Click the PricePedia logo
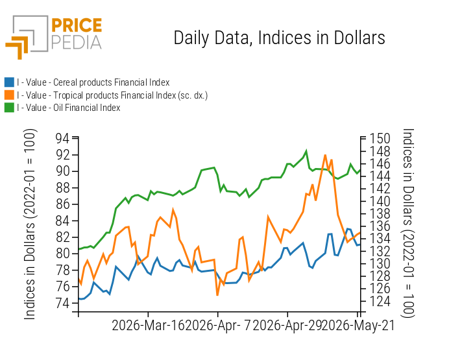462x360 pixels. pos(54,37)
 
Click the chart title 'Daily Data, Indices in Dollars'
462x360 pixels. pos(279,38)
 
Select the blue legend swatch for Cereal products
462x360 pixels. pos(10,82)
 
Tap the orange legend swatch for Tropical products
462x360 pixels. pos(10,95)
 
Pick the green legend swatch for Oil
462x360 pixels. pos(10,108)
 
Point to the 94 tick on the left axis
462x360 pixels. pos(62,138)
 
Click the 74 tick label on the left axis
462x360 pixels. pos(62,303)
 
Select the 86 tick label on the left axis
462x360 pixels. pos(62,204)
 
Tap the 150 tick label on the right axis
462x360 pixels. pos(380,138)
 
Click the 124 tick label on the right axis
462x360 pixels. pos(380,302)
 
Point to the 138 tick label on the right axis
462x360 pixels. pos(380,213)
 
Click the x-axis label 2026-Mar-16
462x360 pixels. pos(148,326)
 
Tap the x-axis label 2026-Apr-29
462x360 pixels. pos(287,326)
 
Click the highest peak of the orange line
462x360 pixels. pos(325,155)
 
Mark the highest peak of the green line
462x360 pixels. pos(306,151)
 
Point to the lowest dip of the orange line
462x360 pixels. pos(217,295)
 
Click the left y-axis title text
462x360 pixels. pos(30,224)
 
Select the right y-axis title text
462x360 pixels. pos(407,223)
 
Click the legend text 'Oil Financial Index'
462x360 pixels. pos(87,108)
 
